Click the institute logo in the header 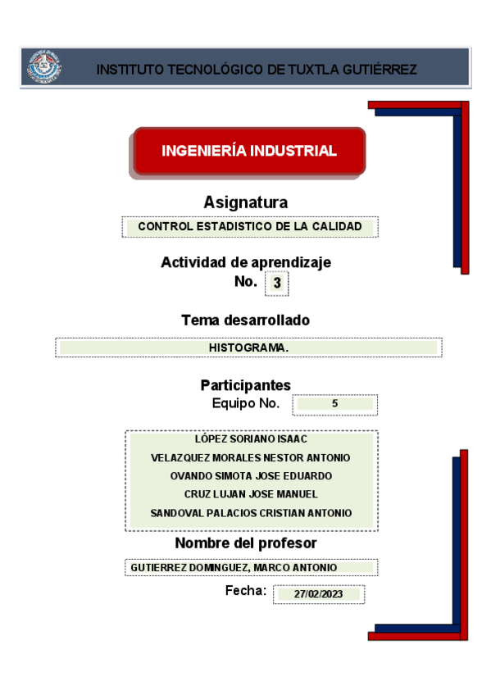pyautogui.click(x=45, y=67)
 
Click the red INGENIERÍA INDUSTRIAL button pyautogui.click(x=248, y=151)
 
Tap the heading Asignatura pyautogui.click(x=246, y=202)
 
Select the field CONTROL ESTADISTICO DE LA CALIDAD pyautogui.click(x=250, y=226)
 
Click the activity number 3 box pyautogui.click(x=277, y=284)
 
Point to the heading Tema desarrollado pyautogui.click(x=245, y=320)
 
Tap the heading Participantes pyautogui.click(x=245, y=385)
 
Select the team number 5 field pyautogui.click(x=335, y=404)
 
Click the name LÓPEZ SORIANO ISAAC pyautogui.click(x=251, y=439)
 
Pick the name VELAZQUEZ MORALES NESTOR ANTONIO pyautogui.click(x=251, y=457)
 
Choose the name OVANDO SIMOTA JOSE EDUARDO pyautogui.click(x=251, y=476)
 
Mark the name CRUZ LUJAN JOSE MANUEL pyautogui.click(x=251, y=494)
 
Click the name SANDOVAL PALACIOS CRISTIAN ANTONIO pyautogui.click(x=251, y=513)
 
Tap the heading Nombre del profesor pyautogui.click(x=245, y=543)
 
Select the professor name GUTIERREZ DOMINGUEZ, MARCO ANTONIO pyautogui.click(x=234, y=567)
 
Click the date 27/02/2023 pyautogui.click(x=319, y=595)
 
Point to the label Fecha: pyautogui.click(x=246, y=591)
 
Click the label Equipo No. pyautogui.click(x=245, y=403)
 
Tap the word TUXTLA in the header pyautogui.click(x=307, y=70)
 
